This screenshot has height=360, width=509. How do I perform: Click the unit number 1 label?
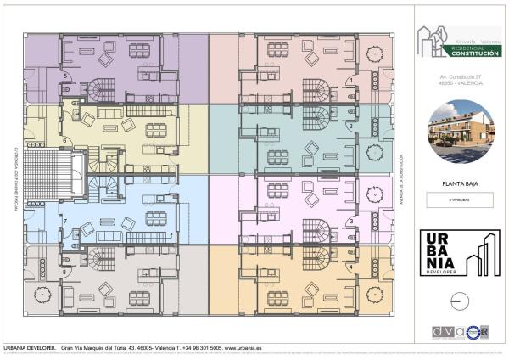coord(351,82)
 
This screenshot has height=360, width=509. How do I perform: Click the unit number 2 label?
coord(350,127)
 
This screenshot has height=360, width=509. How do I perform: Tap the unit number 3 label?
coord(351,222)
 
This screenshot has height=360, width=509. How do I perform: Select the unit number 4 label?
coord(351,267)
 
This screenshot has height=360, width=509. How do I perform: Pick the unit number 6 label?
coord(64,140)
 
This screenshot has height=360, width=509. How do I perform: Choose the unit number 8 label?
coord(64,271)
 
